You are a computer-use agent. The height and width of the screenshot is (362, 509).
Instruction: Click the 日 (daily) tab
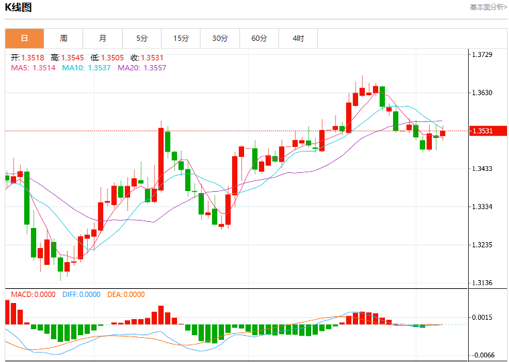click(x=24, y=38)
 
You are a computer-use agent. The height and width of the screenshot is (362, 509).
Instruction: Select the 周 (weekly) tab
click(x=64, y=38)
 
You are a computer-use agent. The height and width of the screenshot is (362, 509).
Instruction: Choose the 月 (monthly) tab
click(x=103, y=38)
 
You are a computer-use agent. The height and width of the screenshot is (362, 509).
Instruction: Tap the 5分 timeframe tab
click(x=142, y=38)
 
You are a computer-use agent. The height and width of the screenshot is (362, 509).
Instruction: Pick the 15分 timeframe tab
click(x=181, y=38)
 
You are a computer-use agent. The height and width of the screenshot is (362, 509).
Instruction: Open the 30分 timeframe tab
click(x=220, y=38)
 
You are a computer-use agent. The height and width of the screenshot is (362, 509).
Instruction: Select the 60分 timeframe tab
click(x=259, y=38)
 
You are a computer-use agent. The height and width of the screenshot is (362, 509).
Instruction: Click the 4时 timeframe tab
click(x=298, y=38)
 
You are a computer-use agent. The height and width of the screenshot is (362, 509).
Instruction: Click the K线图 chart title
click(x=18, y=7)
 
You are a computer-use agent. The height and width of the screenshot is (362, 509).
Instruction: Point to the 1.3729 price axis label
click(x=482, y=54)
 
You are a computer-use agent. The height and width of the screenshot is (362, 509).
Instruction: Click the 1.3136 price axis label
click(x=482, y=283)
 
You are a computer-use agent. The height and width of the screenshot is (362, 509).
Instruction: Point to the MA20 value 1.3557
click(x=155, y=68)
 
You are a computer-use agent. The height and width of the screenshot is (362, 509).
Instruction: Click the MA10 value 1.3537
click(x=99, y=68)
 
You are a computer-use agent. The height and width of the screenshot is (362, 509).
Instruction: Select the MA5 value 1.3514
click(x=44, y=68)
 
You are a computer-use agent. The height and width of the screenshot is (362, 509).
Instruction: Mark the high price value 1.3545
click(x=72, y=58)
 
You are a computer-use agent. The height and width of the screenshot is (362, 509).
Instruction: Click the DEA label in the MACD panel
click(x=114, y=294)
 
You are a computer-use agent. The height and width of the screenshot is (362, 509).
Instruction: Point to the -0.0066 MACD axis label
click(x=484, y=355)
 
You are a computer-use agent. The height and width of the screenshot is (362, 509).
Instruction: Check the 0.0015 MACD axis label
click(x=482, y=317)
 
